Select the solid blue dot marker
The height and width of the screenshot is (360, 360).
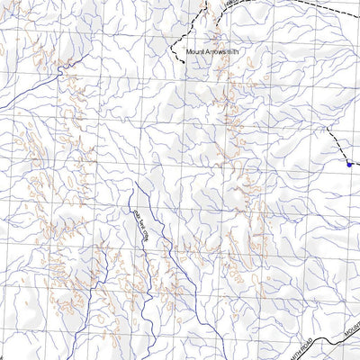coord(348,163)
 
